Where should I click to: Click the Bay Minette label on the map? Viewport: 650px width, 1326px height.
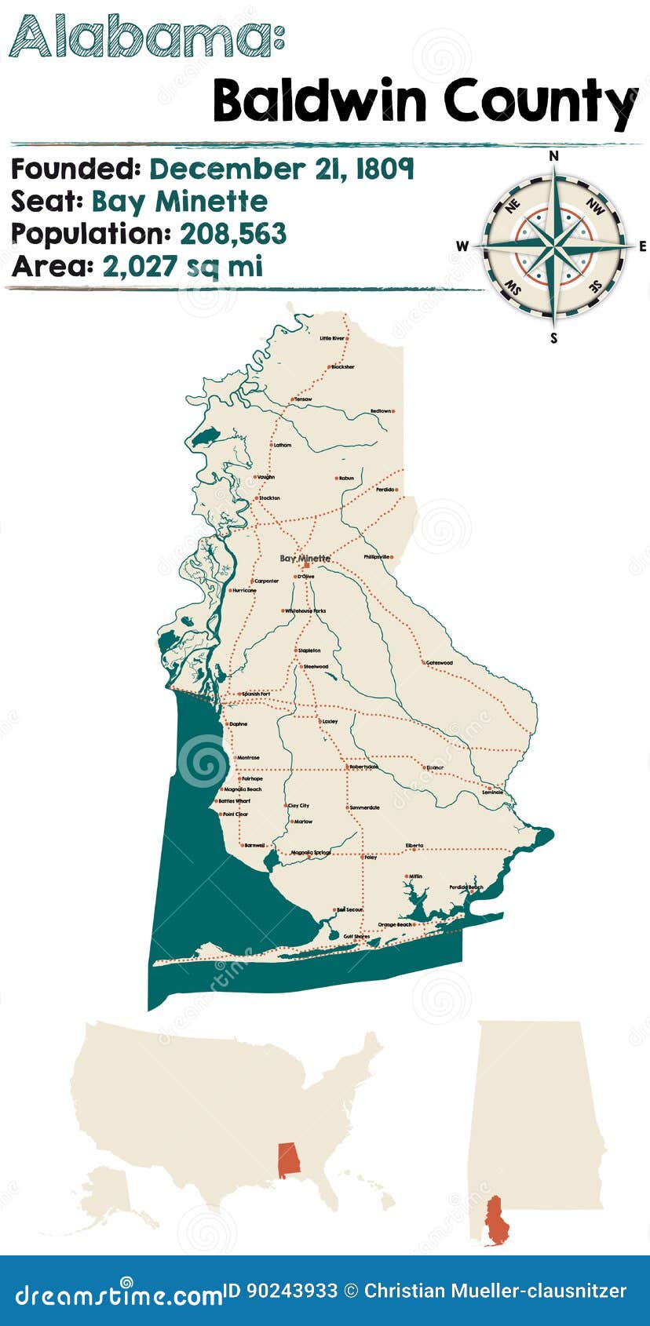pyautogui.click(x=305, y=558)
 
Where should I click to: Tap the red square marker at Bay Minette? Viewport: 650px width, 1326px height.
pyautogui.click(x=306, y=565)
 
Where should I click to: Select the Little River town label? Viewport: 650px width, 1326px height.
pyautogui.click(x=331, y=338)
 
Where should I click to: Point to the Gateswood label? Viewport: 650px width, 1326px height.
pyautogui.click(x=440, y=662)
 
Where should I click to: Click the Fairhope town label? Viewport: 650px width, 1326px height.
pyautogui.click(x=252, y=778)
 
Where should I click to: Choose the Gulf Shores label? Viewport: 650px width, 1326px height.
pyautogui.click(x=356, y=936)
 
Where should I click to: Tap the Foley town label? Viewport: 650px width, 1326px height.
pyautogui.click(x=371, y=858)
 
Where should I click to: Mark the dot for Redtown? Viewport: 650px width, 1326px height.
pyautogui.click(x=393, y=411)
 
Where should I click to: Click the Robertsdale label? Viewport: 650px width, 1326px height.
pyautogui.click(x=363, y=767)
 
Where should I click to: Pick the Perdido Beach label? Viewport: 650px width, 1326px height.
pyautogui.click(x=466, y=887)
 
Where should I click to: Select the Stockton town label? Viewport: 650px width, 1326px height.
pyautogui.click(x=269, y=498)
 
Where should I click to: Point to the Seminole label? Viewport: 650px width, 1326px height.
pyautogui.click(x=492, y=792)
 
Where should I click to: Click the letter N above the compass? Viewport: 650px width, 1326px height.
pyautogui.click(x=553, y=156)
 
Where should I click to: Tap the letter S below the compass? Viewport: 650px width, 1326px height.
pyautogui.click(x=553, y=339)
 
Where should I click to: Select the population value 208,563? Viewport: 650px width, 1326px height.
pyautogui.click(x=233, y=234)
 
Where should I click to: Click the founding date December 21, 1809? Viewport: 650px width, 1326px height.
pyautogui.click(x=282, y=169)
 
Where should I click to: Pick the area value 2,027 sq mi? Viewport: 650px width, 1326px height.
pyautogui.click(x=182, y=267)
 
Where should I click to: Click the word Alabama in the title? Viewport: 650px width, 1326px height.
pyautogui.click(x=141, y=37)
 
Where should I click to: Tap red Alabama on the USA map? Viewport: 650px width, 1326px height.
pyautogui.click(x=289, y=1160)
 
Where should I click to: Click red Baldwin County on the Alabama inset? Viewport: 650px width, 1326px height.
pyautogui.click(x=495, y=1221)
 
